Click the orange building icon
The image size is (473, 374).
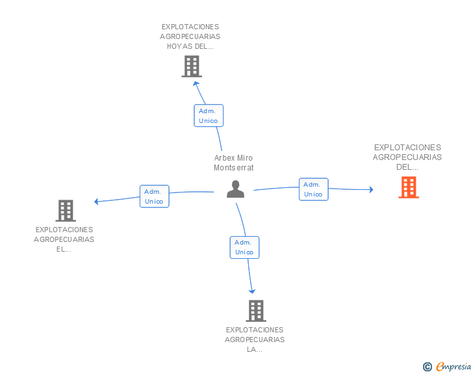409,187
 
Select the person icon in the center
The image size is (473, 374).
235,189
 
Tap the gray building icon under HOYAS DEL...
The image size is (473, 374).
192,66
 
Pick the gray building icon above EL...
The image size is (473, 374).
66,211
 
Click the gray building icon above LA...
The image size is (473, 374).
256,310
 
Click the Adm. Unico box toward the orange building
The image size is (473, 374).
313,189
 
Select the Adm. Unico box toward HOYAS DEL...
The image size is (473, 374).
209,115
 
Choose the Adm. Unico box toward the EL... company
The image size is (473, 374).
155,196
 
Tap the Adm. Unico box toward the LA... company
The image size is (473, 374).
244,247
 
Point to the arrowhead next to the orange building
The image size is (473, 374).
372,189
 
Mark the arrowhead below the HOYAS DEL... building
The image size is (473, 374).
196,83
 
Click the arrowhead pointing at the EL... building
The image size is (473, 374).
96,202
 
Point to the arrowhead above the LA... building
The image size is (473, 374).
252,291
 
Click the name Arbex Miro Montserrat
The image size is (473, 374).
233,163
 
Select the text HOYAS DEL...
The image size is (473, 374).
190,46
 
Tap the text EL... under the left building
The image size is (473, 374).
64,249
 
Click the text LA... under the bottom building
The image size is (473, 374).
255,349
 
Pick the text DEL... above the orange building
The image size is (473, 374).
407,167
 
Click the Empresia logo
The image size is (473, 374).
454,367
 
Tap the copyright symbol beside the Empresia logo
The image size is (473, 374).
427,367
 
